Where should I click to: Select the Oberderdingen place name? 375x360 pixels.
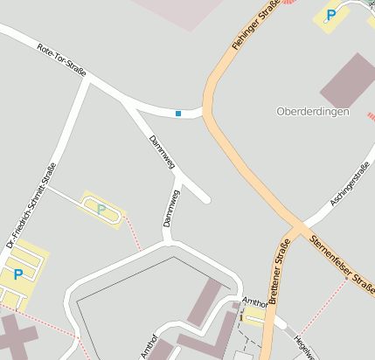[312, 113]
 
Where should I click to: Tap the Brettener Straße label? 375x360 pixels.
[279, 272]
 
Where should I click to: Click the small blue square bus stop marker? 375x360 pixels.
[178, 114]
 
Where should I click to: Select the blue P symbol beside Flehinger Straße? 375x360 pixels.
[330, 15]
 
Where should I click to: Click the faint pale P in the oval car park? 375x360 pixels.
[101, 209]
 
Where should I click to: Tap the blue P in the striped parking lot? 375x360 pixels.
[18, 274]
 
